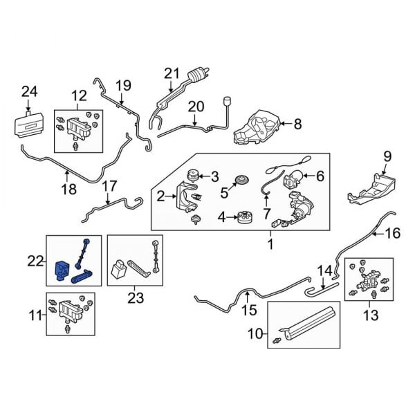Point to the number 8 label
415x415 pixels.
point(297,124)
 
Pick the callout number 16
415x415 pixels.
point(392,234)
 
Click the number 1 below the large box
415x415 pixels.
point(270,246)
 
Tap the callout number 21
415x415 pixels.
point(172,73)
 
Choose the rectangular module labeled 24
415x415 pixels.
point(32,126)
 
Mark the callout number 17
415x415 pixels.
point(109,185)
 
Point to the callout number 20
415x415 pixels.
point(196,107)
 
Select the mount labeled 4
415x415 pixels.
point(243,218)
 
